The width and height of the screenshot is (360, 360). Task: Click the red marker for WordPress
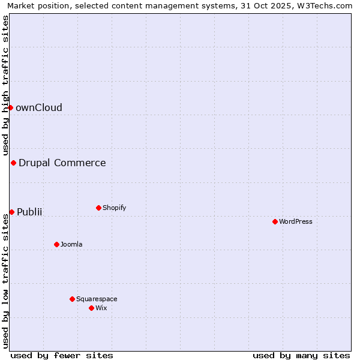point(275,221)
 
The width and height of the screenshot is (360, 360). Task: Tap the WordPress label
point(296,221)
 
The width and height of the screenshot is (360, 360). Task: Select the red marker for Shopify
point(98,208)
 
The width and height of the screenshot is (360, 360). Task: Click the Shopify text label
point(114,208)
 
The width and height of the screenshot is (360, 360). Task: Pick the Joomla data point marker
point(56,244)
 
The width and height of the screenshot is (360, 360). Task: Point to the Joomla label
point(71,244)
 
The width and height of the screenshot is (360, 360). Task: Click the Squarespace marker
point(72,299)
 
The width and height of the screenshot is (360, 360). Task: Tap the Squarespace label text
point(97,299)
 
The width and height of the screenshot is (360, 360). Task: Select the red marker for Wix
point(91,308)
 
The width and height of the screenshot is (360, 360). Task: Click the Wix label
point(101,308)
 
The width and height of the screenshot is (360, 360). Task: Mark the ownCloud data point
point(10,107)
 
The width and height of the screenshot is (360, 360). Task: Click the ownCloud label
point(39,108)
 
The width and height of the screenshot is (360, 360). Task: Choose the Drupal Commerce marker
point(13,163)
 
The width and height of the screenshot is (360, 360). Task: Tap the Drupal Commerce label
point(62,163)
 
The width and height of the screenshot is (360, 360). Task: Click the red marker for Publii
point(11,212)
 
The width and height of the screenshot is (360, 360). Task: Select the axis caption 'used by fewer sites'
point(62,355)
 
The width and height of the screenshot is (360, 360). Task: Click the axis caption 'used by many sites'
point(301,355)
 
